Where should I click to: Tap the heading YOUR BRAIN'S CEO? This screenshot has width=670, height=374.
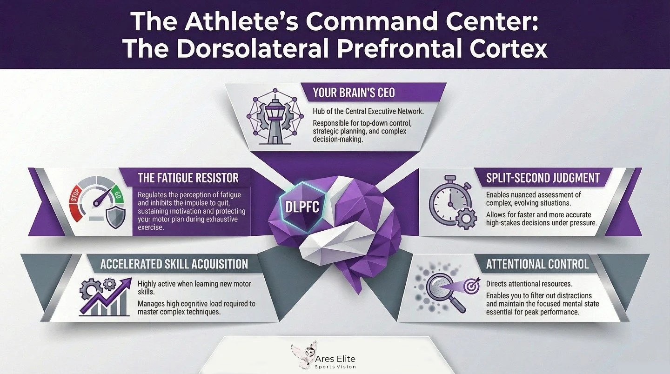pyautogui.click(x=354, y=93)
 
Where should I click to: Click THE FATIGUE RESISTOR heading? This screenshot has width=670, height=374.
pyautogui.click(x=188, y=177)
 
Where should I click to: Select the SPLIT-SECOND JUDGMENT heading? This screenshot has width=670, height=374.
pyautogui.click(x=543, y=178)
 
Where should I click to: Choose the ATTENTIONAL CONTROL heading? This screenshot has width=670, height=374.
pyautogui.click(x=537, y=264)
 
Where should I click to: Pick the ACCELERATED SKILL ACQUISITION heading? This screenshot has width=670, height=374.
pyautogui.click(x=174, y=264)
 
